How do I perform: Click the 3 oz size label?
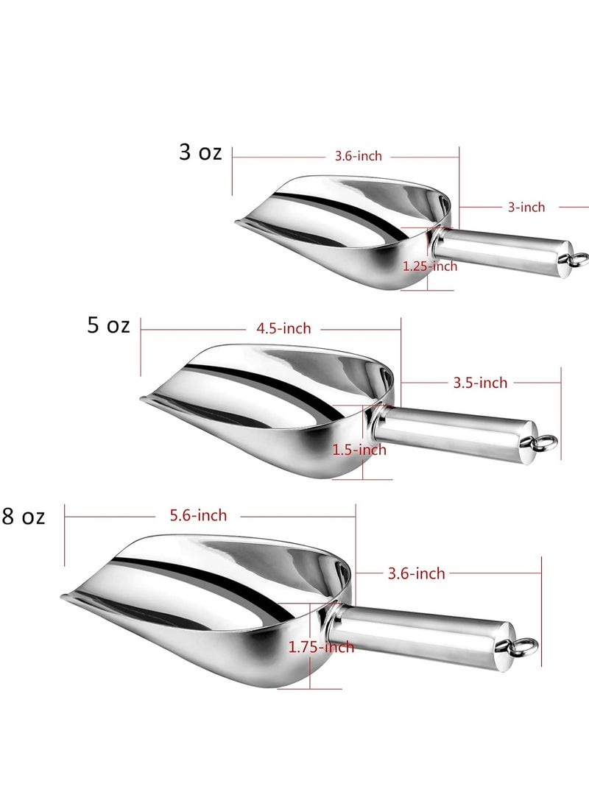point(200,152)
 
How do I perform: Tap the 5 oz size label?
point(109,325)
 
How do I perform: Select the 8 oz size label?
point(23,517)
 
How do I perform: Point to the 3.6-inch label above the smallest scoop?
point(358,156)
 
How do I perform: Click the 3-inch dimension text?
point(526,208)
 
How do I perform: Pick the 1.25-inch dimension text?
point(430,266)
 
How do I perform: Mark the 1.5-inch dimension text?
point(359,450)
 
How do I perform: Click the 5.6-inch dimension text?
point(198,516)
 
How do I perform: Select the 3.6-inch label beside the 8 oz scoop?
point(417,573)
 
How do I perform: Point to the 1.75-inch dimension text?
point(321,648)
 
